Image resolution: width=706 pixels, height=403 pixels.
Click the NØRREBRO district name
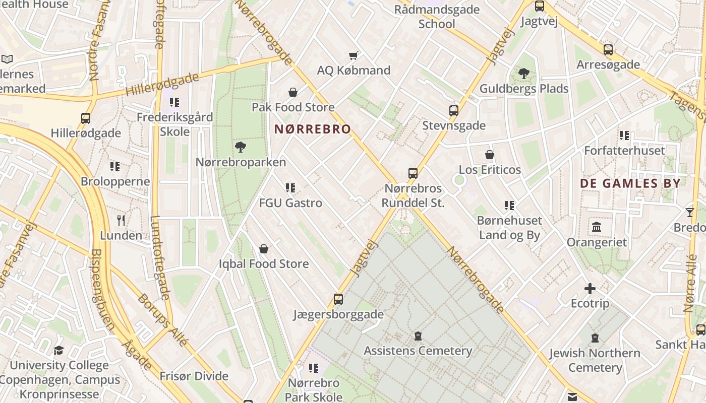pos(312,129)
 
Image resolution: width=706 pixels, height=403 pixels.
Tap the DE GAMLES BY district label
pos(630,183)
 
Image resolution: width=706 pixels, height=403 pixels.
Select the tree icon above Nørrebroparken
pos(241,147)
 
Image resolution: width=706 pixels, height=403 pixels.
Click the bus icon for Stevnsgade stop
pos(454,111)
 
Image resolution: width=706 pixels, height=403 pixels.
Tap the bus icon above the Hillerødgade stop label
pos(86,118)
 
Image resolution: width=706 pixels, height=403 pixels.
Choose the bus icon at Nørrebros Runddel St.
pos(413,173)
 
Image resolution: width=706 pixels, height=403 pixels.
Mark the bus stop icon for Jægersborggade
pos(338,299)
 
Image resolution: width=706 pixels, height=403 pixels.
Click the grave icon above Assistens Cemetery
pos(418,336)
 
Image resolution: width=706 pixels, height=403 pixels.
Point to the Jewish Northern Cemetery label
pos(595,360)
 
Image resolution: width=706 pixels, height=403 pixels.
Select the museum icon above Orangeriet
pos(597,227)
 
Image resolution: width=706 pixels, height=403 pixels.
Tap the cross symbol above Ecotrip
pos(590,289)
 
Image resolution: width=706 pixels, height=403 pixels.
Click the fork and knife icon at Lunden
pos(121,220)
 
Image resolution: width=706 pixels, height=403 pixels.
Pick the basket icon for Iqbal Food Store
pos(263,249)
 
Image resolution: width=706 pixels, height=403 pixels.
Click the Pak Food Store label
pos(293,107)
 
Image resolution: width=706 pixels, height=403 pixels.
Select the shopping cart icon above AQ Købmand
pos(354,55)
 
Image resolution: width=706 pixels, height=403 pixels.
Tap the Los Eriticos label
pos(490,170)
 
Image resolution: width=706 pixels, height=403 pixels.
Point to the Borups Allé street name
pos(163,319)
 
